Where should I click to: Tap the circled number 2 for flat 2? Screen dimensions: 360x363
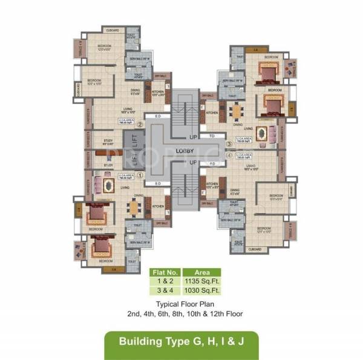pos(140,125)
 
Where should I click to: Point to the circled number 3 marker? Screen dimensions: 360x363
pos(229,144)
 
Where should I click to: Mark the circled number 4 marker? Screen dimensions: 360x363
pos(229,154)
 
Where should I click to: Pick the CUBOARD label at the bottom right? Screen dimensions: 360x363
pos(255,249)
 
